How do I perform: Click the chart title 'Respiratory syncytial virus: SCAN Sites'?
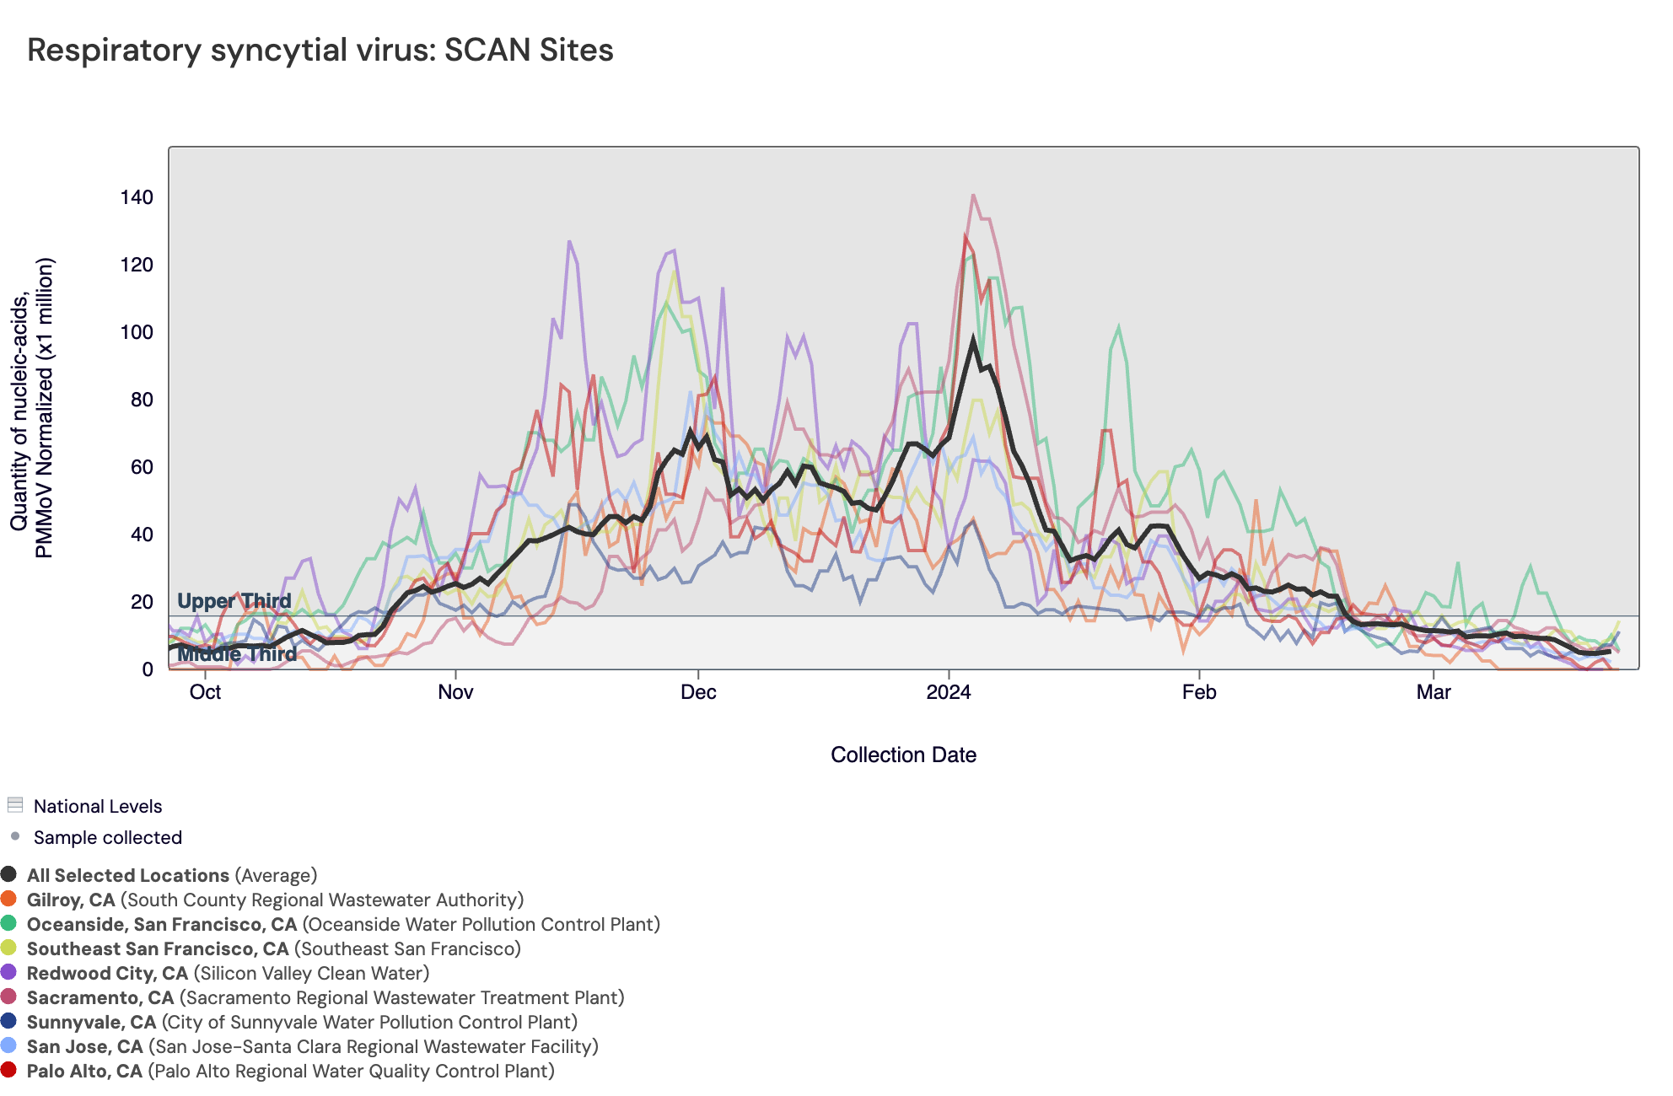pyautogui.click(x=320, y=50)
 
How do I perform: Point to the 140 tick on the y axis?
pyautogui.click(x=137, y=197)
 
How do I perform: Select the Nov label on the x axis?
pyautogui.click(x=455, y=692)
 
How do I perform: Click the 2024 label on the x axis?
pyautogui.click(x=949, y=692)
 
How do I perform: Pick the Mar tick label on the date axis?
pyautogui.click(x=1434, y=692)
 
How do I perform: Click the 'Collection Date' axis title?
pyautogui.click(x=903, y=755)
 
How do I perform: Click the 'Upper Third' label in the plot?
pyautogui.click(x=234, y=601)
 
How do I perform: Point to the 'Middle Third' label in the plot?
pyautogui.click(x=237, y=654)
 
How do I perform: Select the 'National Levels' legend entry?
pyautogui.click(x=98, y=806)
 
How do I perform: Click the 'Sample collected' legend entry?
pyautogui.click(x=107, y=837)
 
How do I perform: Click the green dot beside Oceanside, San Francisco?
pyautogui.click(x=8, y=924)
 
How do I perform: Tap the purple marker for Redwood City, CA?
pyautogui.click(x=8, y=973)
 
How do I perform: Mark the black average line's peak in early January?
pyautogui.click(x=973, y=340)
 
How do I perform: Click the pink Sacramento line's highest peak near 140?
pyautogui.click(x=973, y=196)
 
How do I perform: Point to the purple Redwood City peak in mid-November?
pyautogui.click(x=569, y=242)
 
